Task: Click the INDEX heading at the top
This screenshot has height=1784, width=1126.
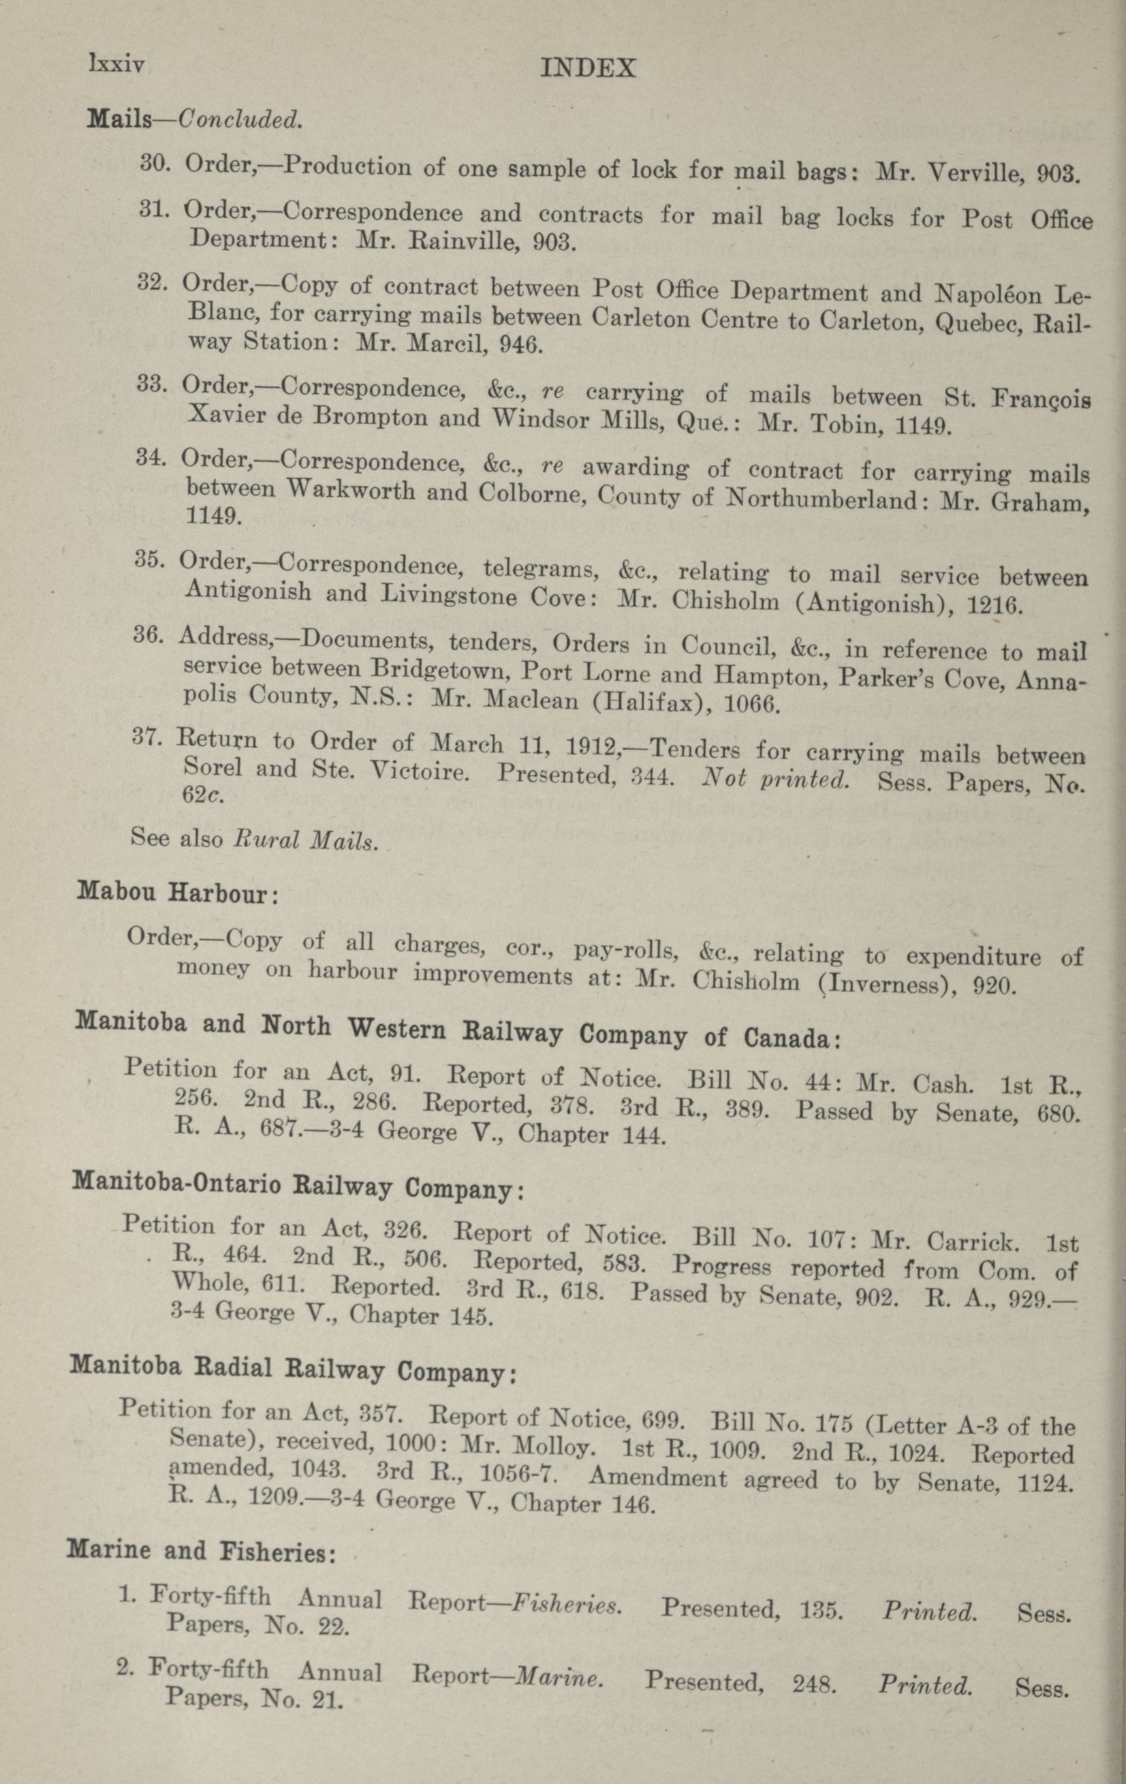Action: pyautogui.click(x=588, y=69)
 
